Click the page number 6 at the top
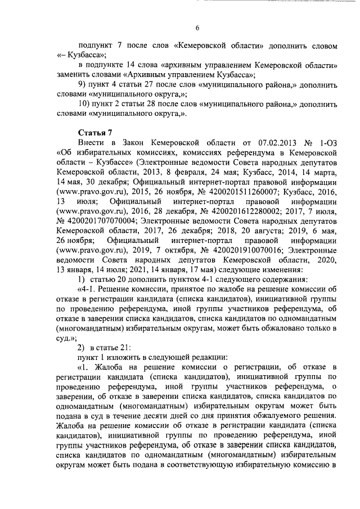197,28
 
